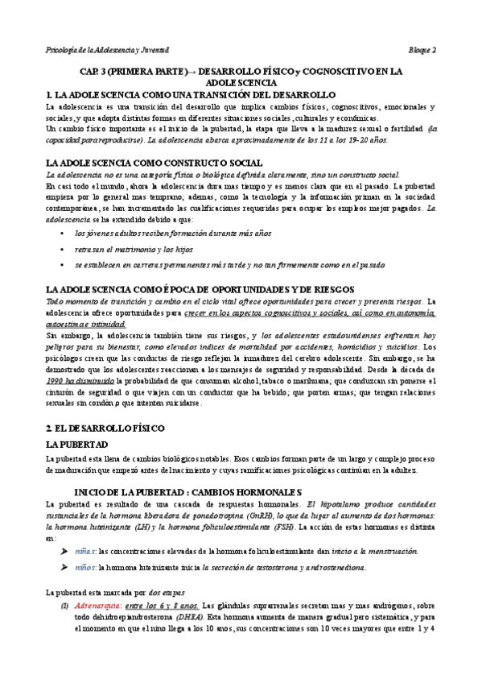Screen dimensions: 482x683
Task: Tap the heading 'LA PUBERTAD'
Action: click(x=77, y=445)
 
